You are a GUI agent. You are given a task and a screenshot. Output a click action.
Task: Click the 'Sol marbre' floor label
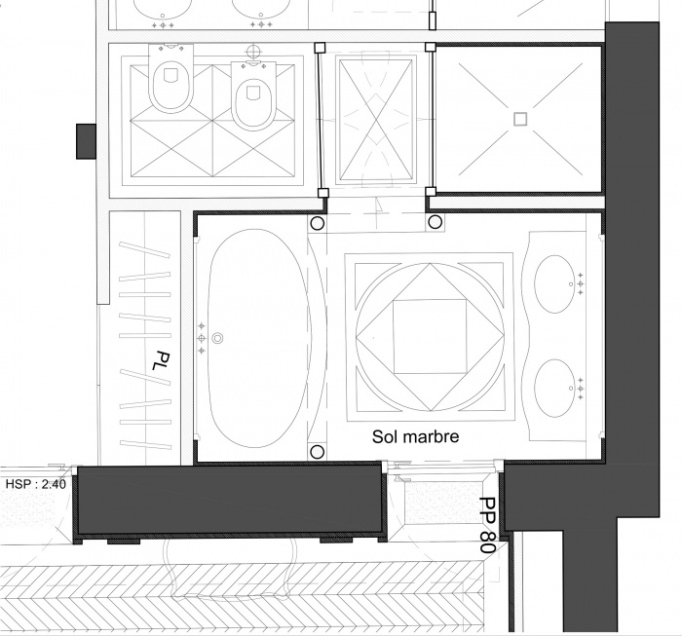point(415,436)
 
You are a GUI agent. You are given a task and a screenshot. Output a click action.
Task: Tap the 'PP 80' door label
point(488,525)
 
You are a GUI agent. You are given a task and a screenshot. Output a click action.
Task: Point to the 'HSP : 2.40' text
point(36,484)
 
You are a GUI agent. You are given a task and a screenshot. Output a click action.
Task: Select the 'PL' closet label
point(161,360)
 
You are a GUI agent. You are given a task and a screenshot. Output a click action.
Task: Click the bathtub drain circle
point(217,338)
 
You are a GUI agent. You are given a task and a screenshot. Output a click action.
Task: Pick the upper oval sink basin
point(554,283)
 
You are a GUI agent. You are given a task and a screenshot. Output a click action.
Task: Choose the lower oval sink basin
point(554,388)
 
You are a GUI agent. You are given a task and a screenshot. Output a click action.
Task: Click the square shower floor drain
point(520,119)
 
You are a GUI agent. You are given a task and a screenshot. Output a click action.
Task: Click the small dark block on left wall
point(86,141)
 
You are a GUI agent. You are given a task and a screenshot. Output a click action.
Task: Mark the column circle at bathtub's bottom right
point(318,452)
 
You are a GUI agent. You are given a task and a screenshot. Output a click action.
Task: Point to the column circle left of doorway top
point(318,223)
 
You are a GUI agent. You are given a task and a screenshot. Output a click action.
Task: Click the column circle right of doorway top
point(435,222)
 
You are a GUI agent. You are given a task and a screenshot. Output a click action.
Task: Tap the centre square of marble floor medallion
point(430,336)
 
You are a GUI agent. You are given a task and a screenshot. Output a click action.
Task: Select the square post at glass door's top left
point(320,48)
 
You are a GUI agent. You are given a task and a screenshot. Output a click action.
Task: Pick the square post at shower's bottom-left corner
point(431,192)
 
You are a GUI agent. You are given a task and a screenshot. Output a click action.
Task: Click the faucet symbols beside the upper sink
point(581,283)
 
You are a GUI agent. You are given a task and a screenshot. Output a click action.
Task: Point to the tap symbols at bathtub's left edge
point(202,338)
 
